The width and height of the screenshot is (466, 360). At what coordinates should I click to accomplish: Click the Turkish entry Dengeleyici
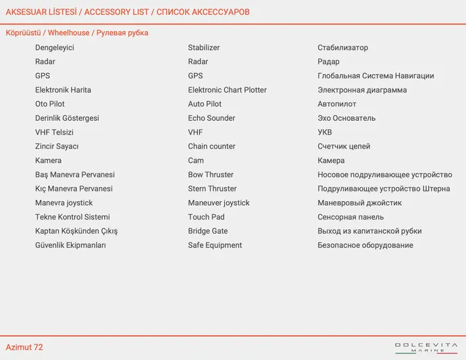coord(55,48)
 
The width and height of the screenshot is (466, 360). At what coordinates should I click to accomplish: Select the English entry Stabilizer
coord(203,48)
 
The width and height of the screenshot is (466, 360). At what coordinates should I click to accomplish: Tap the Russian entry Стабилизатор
coord(342,48)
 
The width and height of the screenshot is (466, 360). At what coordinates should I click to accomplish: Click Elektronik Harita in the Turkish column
coord(63,90)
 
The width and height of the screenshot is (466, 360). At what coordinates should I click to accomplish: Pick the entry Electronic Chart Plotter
coord(227,90)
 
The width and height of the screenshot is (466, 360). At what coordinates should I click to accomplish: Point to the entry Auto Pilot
coord(205,104)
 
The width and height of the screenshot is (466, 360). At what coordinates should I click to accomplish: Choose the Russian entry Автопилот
coord(336,104)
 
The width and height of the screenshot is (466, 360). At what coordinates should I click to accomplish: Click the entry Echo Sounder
coord(211,118)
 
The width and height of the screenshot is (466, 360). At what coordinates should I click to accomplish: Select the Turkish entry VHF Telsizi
coord(54,132)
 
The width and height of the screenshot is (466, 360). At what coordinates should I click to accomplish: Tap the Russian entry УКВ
coord(325,132)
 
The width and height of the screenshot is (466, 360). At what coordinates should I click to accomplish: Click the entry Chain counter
coord(211,147)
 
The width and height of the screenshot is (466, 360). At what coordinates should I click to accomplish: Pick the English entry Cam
coord(196,161)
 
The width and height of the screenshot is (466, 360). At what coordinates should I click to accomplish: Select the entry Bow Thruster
coord(211,175)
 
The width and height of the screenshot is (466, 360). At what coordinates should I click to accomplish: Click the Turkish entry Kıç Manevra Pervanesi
coord(74,189)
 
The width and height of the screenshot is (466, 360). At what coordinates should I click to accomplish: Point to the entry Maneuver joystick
coord(219,203)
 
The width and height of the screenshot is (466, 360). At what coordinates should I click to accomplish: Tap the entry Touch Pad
coord(206,217)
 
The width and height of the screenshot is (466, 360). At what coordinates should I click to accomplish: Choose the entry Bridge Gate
coord(207,231)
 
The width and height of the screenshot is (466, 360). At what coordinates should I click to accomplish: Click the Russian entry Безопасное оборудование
coord(365,245)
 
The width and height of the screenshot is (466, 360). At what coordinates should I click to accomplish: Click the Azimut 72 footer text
coord(24,347)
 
